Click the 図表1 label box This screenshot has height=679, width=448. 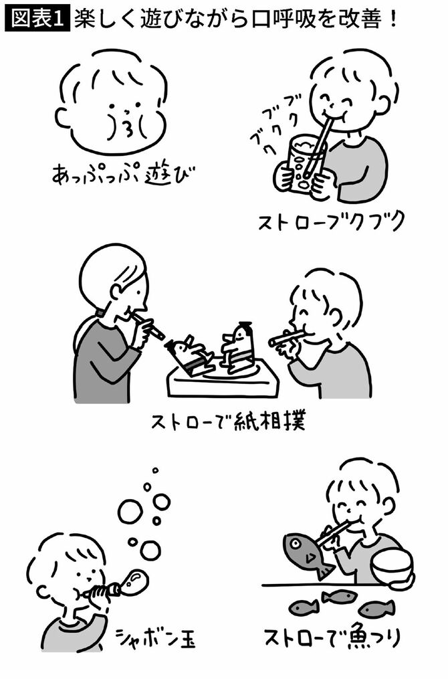37,18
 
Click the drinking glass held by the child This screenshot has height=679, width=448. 301,164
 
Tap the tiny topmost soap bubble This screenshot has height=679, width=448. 155,470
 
